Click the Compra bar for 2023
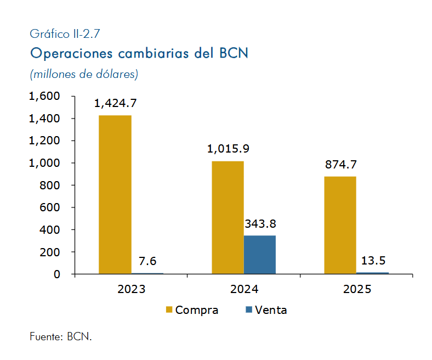(x=115, y=194)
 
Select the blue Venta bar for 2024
(x=260, y=255)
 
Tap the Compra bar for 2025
(x=340, y=225)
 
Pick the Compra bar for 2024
(x=228, y=217)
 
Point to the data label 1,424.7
(x=116, y=104)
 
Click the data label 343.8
(x=260, y=224)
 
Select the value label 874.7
(x=341, y=165)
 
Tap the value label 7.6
(x=147, y=261)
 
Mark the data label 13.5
(x=373, y=261)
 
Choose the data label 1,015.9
(x=228, y=149)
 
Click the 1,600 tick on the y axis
(x=44, y=96)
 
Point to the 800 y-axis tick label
(x=49, y=185)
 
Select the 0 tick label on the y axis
(x=57, y=274)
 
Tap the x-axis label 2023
(x=132, y=289)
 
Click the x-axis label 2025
(x=357, y=289)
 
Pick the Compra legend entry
(x=192, y=310)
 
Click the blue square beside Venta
(x=249, y=310)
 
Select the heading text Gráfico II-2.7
(x=65, y=34)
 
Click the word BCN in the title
(x=234, y=53)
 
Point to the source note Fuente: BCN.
(x=61, y=336)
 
